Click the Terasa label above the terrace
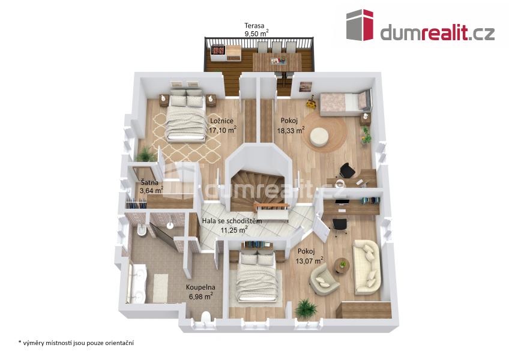[254, 25]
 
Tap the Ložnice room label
[221, 121]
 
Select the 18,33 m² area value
[291, 130]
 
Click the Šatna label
[149, 182]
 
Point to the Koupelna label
[200, 287]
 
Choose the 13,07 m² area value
[309, 260]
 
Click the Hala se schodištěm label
[232, 221]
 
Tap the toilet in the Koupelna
[206, 317]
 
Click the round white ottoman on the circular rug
[319, 137]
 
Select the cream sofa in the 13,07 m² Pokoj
[367, 267]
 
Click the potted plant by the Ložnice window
[145, 155]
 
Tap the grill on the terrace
[218, 51]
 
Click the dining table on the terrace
[277, 62]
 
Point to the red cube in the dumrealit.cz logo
[368, 25]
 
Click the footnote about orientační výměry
[76, 343]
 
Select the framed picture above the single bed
[306, 86]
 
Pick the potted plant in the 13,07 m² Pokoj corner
[305, 309]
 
